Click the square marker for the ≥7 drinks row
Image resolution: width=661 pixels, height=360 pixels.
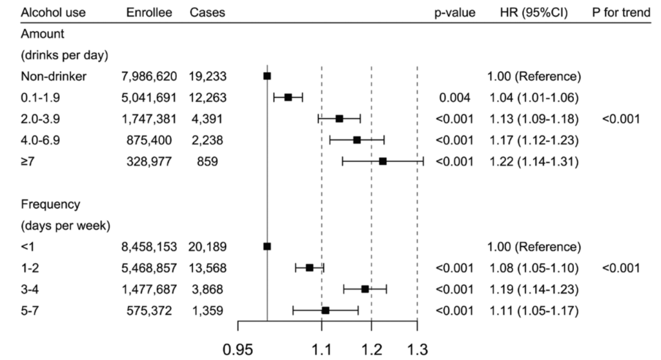383,161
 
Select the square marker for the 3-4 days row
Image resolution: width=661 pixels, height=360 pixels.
365,289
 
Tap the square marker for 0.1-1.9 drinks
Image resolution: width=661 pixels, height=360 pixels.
289,97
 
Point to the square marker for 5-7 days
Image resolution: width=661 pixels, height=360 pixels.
325,310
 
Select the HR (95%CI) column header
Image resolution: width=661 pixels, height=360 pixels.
533,12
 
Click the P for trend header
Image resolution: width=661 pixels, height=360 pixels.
621,12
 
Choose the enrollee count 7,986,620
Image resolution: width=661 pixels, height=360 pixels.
148,76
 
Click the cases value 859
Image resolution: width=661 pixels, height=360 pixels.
208,161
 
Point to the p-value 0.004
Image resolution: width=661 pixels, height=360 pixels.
455,97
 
